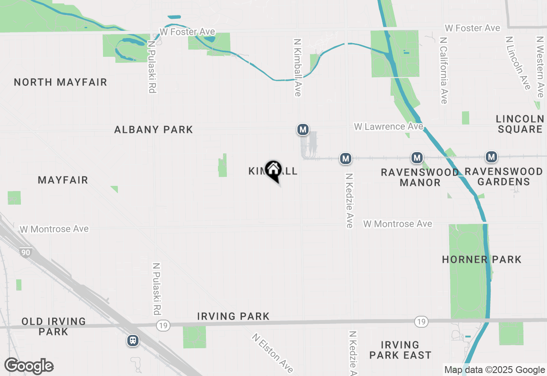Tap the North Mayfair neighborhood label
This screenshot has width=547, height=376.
[x=60, y=82]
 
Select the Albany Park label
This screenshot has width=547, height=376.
[x=153, y=129]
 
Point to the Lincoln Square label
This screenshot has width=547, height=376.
[x=520, y=124]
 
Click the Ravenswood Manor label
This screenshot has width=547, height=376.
[x=420, y=177]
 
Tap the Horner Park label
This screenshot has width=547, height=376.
[x=482, y=259]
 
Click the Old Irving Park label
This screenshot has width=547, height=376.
[x=53, y=326]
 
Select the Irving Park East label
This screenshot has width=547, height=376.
[x=400, y=350]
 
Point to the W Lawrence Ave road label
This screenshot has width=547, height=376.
[x=388, y=126]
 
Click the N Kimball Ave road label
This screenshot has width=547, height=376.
[x=298, y=68]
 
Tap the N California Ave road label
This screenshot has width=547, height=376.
[x=443, y=70]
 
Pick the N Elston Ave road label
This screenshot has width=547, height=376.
[x=273, y=353]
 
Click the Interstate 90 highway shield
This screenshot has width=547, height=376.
[x=26, y=253]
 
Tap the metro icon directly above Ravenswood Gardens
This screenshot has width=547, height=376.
[x=491, y=157]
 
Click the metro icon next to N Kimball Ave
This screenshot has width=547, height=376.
[x=303, y=129]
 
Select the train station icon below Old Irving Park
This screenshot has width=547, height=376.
[x=133, y=340]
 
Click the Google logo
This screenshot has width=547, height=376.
[x=29, y=366]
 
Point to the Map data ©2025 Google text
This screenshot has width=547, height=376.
[x=494, y=370]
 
